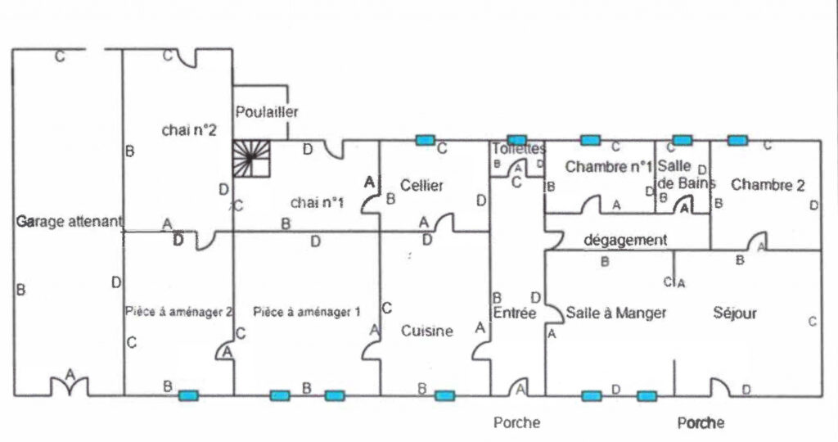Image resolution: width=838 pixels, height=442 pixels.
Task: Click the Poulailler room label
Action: [267, 111]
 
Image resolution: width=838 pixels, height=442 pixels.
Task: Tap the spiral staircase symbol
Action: [251, 158]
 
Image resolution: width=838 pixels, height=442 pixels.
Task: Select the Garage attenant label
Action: [69, 221]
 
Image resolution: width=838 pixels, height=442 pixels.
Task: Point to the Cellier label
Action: [422, 186]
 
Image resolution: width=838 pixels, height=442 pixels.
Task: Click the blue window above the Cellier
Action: [424, 140]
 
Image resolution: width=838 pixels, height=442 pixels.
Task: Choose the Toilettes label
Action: [518, 149]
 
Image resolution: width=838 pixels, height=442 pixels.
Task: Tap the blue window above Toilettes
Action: [516, 140]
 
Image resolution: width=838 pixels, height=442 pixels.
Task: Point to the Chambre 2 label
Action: [768, 185]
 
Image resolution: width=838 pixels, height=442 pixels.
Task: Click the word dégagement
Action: [626, 241]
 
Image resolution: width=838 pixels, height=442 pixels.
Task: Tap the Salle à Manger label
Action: [616, 313]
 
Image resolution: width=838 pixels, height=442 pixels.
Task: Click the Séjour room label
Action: [734, 313]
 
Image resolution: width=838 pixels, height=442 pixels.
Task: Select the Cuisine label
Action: [426, 331]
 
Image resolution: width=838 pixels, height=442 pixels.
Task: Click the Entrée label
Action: [515, 313]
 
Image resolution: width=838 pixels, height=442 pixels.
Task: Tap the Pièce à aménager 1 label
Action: [307, 312]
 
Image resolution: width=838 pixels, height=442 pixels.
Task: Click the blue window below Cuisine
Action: [444, 396]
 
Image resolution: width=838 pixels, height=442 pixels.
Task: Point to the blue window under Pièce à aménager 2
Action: [189, 396]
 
